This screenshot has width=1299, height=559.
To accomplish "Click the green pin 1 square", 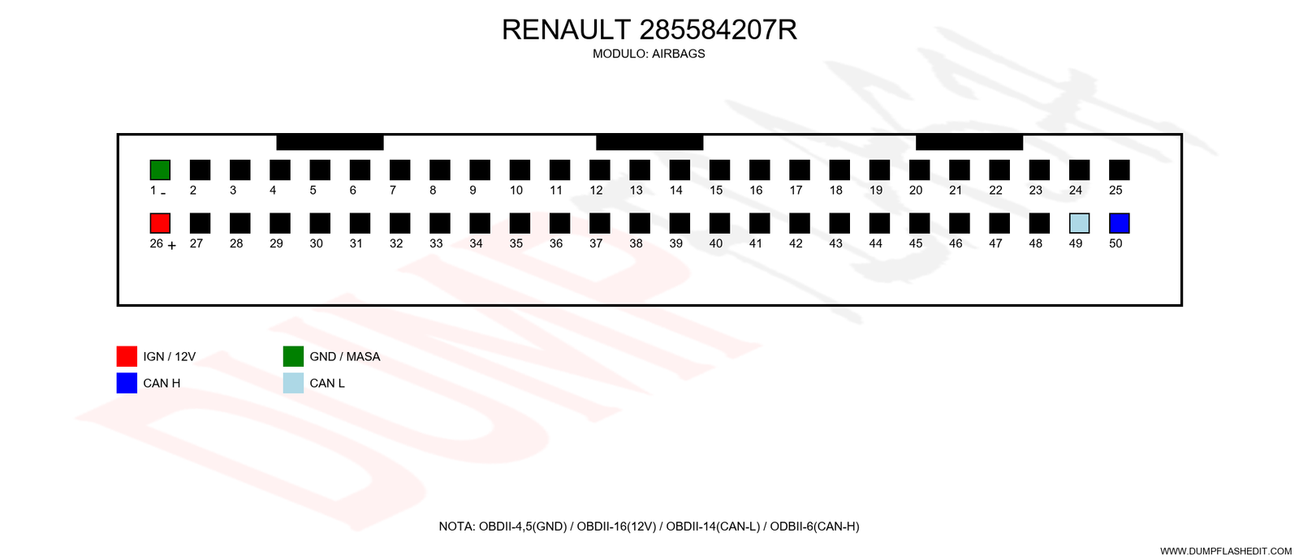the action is [160, 170].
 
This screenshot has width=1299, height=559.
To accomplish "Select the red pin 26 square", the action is [160, 224].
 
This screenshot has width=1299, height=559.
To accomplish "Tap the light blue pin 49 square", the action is [1079, 224].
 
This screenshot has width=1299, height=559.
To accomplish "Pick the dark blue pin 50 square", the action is [1120, 224].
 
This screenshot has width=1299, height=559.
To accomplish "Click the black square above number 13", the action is [640, 170].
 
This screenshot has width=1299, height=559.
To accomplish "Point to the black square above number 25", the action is [1120, 170].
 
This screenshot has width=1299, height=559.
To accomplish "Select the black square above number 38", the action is [640, 224].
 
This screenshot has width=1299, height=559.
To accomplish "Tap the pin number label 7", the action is [393, 191].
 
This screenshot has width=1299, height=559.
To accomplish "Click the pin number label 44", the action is [876, 244].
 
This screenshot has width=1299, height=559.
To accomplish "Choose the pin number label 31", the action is [356, 244].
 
